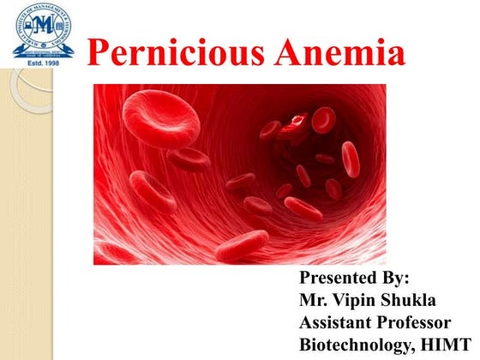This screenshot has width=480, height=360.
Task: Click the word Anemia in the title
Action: click(x=341, y=53)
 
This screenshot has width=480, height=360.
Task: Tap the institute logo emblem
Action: click(x=41, y=27)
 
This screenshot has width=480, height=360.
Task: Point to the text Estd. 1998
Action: click(x=41, y=63)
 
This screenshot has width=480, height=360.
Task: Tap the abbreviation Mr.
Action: click(x=314, y=301)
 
